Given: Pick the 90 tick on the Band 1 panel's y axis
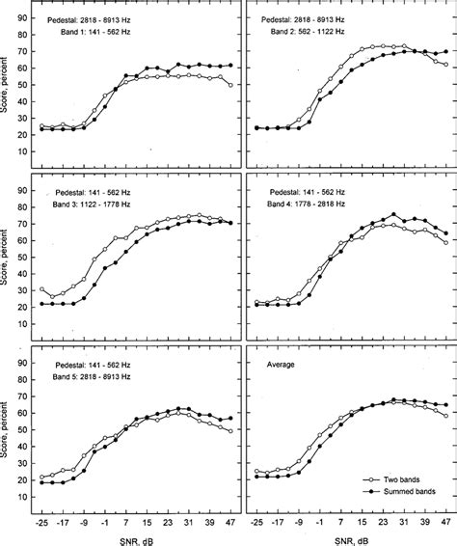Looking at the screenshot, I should (24, 16).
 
